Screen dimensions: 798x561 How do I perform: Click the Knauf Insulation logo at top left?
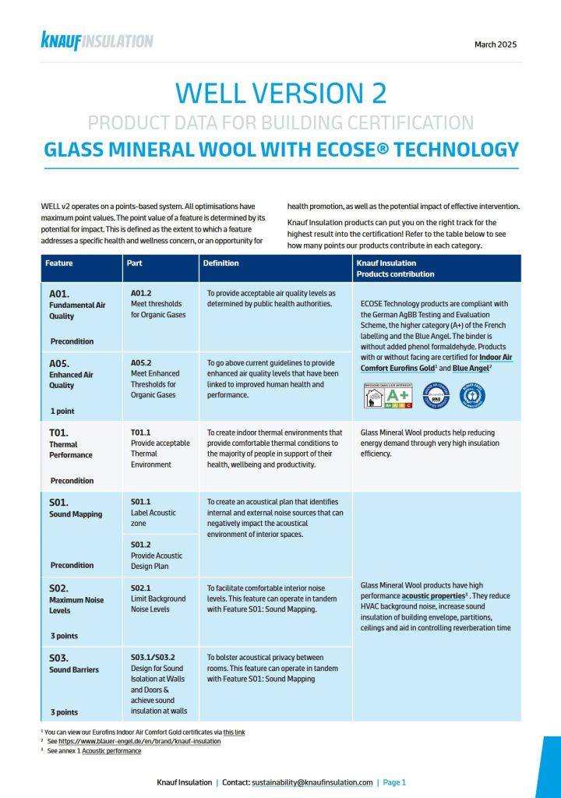[x=97, y=41]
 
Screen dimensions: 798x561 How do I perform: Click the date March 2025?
[x=495, y=44]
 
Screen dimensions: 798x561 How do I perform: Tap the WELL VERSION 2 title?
[x=280, y=93]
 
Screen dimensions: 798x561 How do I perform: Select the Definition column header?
[x=221, y=263]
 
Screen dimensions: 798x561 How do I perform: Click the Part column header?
[x=134, y=263]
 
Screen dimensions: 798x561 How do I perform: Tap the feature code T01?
[x=60, y=433]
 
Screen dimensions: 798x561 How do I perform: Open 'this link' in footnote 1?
[x=234, y=733]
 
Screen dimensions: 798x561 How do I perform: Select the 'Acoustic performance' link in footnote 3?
[x=111, y=752]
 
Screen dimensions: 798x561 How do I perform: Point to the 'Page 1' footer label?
[x=394, y=782]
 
